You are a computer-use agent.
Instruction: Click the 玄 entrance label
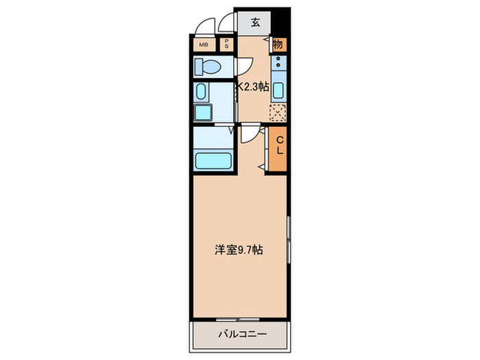tap(255, 22)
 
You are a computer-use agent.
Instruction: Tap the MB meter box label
tap(203, 45)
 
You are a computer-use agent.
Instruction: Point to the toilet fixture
tap(206, 67)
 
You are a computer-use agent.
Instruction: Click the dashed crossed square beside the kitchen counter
tap(278, 112)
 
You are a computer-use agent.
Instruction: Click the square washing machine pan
tap(204, 112)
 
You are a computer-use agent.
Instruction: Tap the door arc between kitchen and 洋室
tap(250, 133)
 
